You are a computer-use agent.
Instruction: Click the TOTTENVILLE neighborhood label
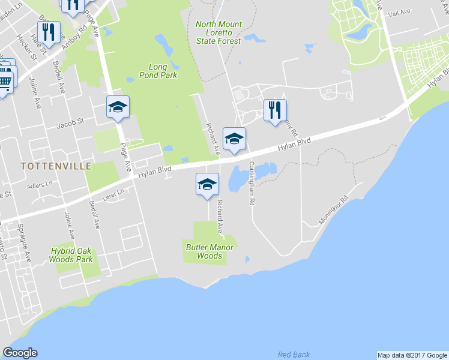pos(56,166)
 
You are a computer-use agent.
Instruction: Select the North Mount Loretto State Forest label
pos(218,32)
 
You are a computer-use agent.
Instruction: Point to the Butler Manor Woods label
pos(205,251)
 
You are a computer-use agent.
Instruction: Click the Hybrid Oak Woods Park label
pos(72,255)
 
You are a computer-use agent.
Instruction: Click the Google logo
pos(20,353)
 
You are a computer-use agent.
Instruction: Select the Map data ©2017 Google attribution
pos(412,355)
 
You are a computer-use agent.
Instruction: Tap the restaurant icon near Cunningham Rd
pos(275,110)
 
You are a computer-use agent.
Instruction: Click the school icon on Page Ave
pos(118,107)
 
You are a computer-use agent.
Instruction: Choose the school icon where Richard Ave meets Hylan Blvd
pos(234,139)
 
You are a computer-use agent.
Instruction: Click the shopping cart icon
pos(5,80)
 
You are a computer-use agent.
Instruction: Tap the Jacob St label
pos(71,126)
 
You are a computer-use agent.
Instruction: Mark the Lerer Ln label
pos(112,196)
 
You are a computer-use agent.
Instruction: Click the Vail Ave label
pos(399,12)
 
